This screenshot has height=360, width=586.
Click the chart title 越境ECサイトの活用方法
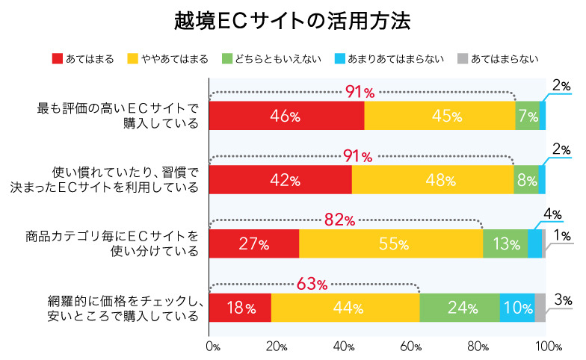[293, 20]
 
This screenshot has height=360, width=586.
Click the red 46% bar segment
[286, 116]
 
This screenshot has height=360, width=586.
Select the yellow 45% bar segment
[439, 116]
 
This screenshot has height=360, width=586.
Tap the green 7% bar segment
[527, 116]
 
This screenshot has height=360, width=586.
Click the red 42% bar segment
[280, 180]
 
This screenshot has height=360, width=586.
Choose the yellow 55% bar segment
[391, 243]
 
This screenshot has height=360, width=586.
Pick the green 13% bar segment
[505, 243]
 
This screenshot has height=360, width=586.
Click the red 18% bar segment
[239, 308]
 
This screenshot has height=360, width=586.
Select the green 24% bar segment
[460, 308]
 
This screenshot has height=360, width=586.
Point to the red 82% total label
[340, 220]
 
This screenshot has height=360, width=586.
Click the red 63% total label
[312, 284]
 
